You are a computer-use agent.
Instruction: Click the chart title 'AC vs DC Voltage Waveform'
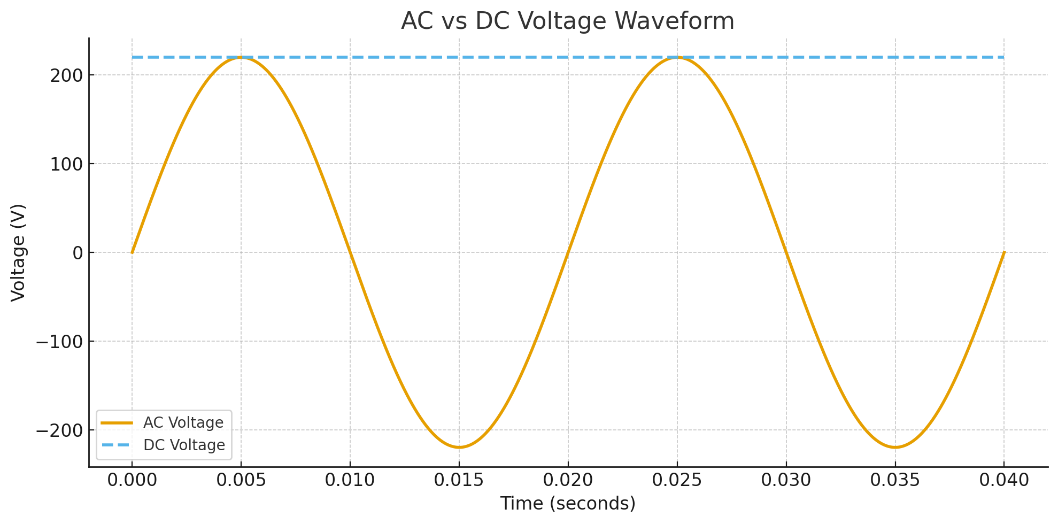coord(567,21)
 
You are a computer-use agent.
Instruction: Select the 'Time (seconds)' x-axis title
coord(568,504)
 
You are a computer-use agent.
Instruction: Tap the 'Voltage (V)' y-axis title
coord(19,252)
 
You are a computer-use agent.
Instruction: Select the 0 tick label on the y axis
coord(78,253)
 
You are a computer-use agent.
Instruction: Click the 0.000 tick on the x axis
coord(132,480)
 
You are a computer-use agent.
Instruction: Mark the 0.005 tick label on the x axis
coord(241,480)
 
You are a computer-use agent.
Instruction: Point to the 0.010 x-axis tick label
coord(350,480)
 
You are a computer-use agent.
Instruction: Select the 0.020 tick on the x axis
coord(568,480)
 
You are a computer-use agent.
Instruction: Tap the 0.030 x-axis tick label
coord(786,480)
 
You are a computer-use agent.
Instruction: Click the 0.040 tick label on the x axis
coord(1004,480)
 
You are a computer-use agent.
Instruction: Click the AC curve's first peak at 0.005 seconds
coord(241,57)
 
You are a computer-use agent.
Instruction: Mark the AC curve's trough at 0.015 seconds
coord(459,447)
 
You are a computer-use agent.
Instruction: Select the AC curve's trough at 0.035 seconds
coord(895,447)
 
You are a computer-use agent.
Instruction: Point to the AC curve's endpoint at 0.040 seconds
coord(1004,252)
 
